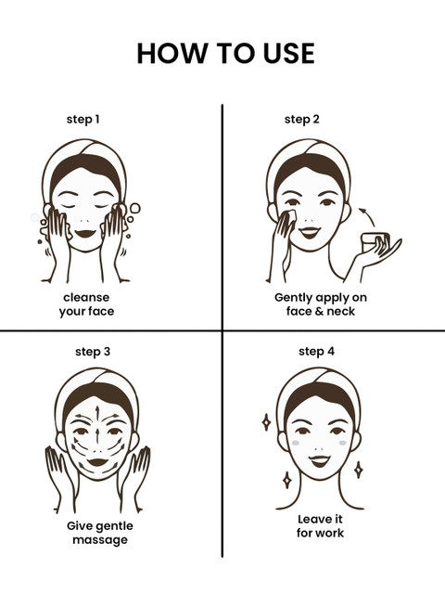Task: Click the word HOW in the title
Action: click(x=172, y=53)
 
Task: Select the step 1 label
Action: click(x=83, y=120)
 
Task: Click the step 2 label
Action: click(x=302, y=120)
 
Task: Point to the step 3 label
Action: click(x=93, y=352)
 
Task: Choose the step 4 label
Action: click(x=316, y=352)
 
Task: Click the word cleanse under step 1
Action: click(x=86, y=297)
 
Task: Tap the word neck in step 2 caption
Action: click(x=341, y=312)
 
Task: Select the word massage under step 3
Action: click(x=100, y=540)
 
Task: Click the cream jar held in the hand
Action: click(x=375, y=242)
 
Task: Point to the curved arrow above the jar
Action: click(x=368, y=216)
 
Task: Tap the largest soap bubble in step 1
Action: click(x=135, y=208)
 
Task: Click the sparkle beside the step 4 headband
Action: click(x=266, y=422)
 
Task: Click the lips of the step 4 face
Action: click(x=319, y=460)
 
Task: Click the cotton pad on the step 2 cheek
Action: click(x=291, y=216)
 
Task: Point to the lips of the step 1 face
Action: click(x=85, y=233)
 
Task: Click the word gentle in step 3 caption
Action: click(x=111, y=526)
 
